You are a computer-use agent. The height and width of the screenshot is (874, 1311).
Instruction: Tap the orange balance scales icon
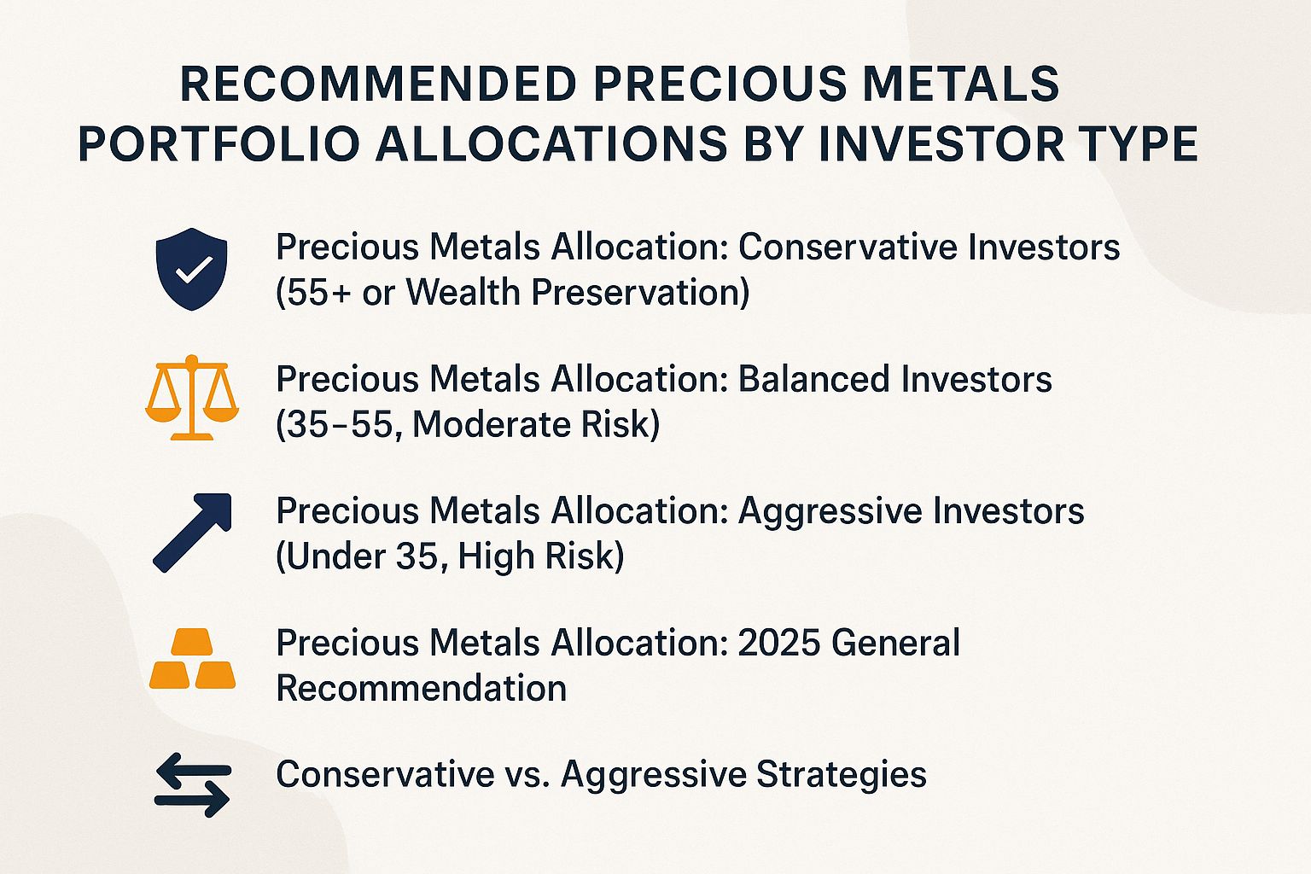coord(192,398)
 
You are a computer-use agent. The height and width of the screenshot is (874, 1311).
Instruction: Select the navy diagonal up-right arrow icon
coord(192,531)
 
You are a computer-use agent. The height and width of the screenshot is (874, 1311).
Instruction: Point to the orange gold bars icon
coord(192,660)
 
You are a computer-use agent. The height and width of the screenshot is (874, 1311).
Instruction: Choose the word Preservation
coord(640,293)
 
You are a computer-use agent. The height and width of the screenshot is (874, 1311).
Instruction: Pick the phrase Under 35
coord(362,556)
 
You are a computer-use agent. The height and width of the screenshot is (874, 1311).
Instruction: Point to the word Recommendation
coord(422,688)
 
